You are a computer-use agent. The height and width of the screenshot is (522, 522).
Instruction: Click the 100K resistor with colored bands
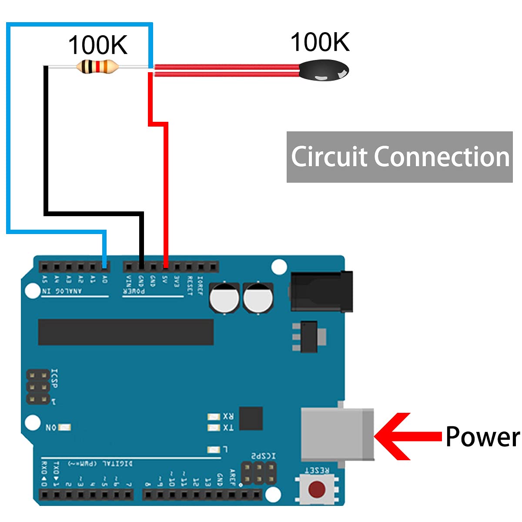point(97,67)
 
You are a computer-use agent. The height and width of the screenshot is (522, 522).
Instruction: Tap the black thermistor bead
point(324,70)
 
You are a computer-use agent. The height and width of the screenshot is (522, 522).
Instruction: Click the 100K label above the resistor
point(97,45)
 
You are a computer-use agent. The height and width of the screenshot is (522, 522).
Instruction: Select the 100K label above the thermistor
point(320,42)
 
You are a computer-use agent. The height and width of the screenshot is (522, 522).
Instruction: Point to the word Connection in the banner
point(442,157)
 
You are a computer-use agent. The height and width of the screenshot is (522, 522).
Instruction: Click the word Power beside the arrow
point(482,436)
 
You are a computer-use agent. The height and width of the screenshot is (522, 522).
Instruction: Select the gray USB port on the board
point(337,434)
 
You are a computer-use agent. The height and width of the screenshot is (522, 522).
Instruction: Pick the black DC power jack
point(321,291)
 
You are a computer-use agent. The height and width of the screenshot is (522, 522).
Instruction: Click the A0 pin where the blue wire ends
point(104,266)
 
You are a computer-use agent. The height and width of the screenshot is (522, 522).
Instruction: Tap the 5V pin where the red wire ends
point(165,266)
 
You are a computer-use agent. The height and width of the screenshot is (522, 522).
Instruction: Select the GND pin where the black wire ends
point(141,266)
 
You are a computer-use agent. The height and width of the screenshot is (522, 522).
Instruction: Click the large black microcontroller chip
point(126,332)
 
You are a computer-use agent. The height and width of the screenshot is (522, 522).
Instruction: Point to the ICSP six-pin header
point(38,386)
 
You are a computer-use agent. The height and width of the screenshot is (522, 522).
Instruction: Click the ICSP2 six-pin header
point(259,473)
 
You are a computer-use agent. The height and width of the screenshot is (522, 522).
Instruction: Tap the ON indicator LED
point(64,428)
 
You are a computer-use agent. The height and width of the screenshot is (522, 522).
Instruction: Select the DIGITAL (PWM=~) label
point(100,463)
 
